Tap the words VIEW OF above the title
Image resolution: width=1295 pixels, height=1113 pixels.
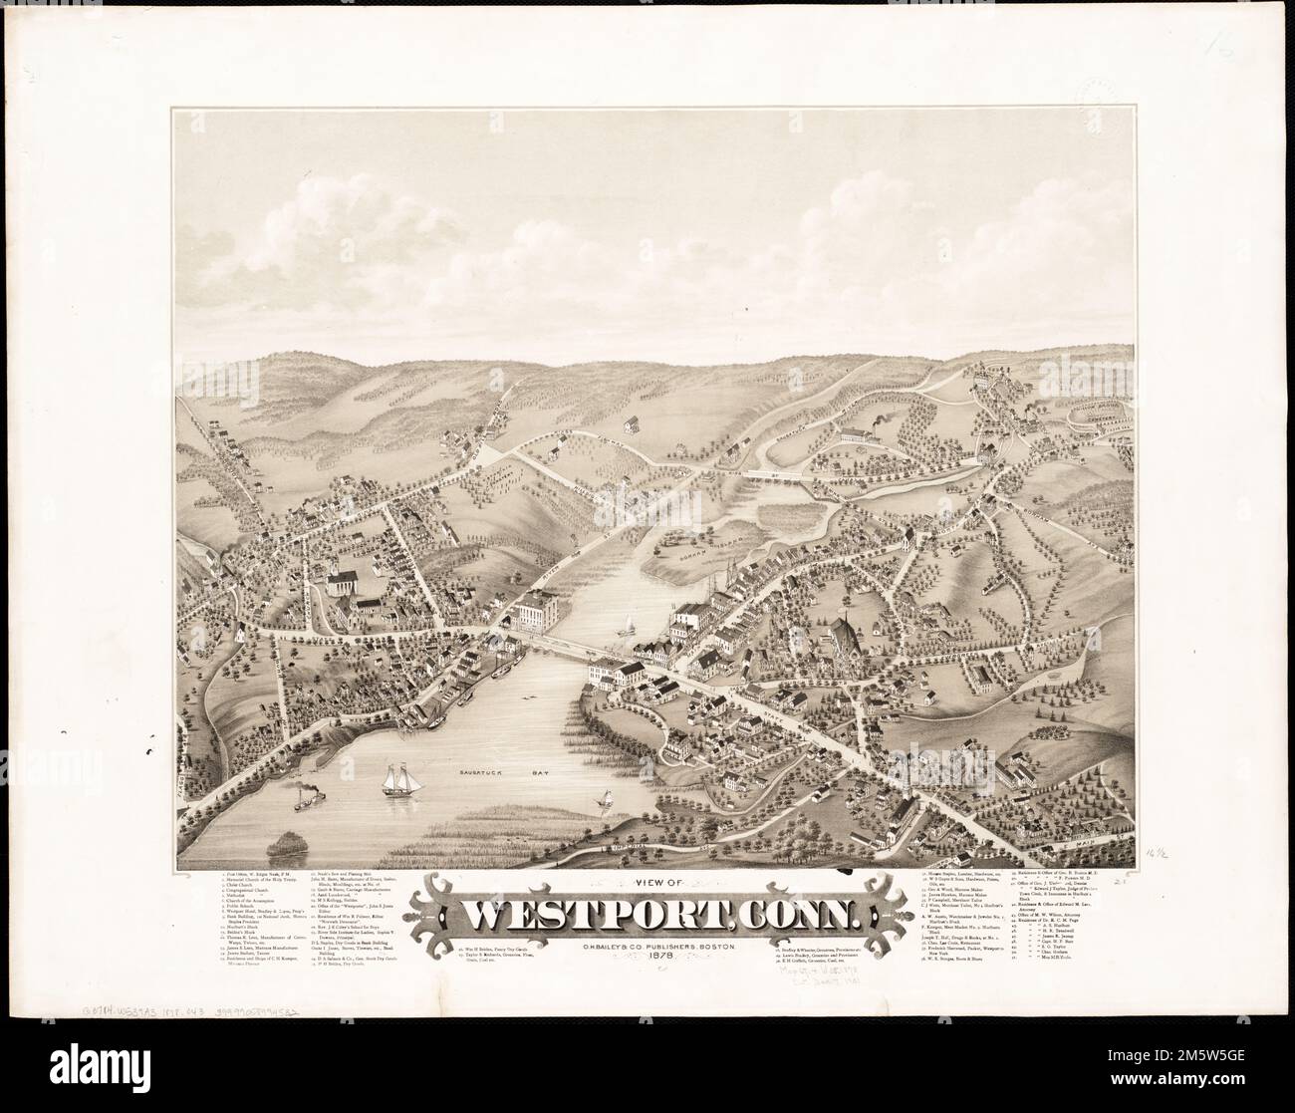click(x=654, y=881)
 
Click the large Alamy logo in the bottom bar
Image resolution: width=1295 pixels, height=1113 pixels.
click(x=90, y=1074)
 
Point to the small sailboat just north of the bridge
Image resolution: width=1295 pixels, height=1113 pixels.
click(x=629, y=627)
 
